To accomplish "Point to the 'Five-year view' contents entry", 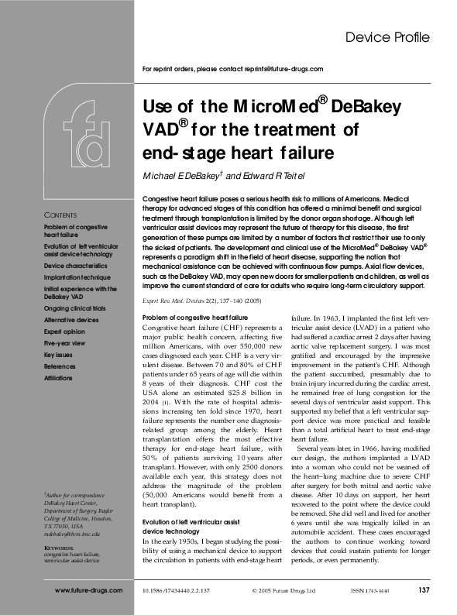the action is pos(67,338).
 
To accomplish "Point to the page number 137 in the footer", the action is pos(423,591).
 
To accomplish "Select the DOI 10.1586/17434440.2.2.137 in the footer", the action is pos(176,591).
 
